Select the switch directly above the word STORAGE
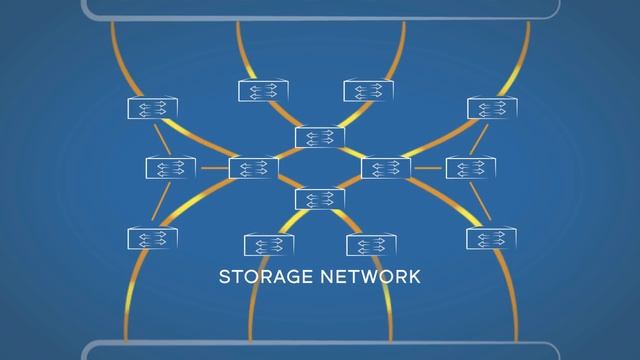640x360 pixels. coord(268,245)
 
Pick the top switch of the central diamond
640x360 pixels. coord(320,137)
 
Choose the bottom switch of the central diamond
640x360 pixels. coord(320,199)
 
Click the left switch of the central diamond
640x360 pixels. coord(253,168)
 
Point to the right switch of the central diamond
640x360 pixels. coord(386,168)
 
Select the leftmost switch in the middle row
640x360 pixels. coord(170,168)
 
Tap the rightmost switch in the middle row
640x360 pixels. coord(470,168)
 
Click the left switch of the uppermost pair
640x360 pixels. coord(263,91)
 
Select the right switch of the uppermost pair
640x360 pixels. coord(369,91)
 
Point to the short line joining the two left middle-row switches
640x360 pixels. coord(212,168)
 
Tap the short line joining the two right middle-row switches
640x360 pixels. coord(428,168)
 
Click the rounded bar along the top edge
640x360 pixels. coord(320,9)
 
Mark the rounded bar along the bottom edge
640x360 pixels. coord(320,351)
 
